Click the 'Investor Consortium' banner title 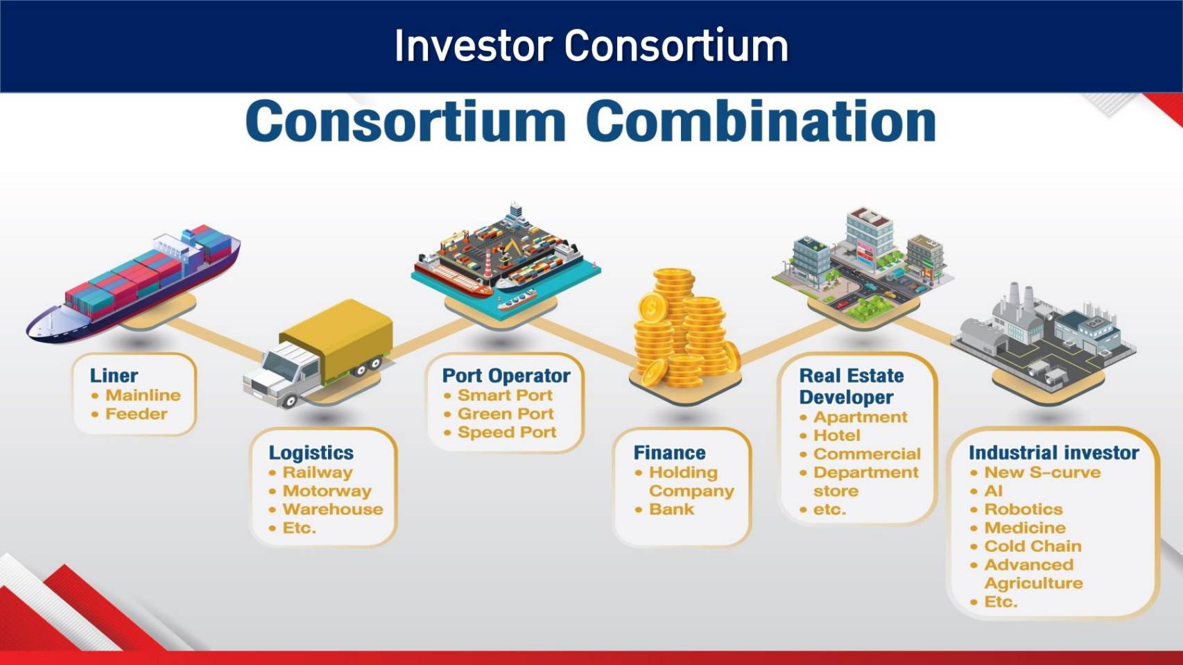[591, 46]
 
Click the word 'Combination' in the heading [761, 121]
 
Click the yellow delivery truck [318, 353]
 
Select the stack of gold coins [684, 328]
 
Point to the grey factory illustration [1044, 336]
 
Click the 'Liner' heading [114, 376]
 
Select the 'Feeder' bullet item [136, 413]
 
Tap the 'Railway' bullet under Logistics [318, 472]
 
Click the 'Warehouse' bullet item [333, 509]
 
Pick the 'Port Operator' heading [506, 376]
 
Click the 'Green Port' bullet [506, 413]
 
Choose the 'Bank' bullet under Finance [671, 509]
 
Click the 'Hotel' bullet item [836, 435]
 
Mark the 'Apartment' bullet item [861, 417]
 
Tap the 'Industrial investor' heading [1053, 453]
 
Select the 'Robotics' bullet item [1023, 509]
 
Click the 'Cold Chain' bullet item [1033, 546]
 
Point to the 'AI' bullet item [993, 491]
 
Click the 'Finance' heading [669, 453]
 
